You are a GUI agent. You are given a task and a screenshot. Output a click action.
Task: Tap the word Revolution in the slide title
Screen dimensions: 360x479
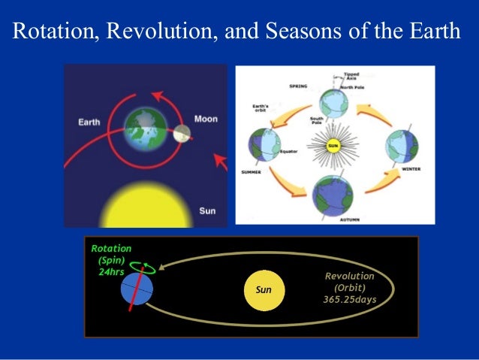click(152, 33)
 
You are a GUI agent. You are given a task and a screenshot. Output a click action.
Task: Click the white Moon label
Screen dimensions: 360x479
click(206, 119)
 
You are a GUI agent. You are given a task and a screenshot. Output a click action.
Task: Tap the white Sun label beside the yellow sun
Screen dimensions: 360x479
click(207, 210)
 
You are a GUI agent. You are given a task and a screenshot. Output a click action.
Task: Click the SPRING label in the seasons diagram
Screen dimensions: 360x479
click(298, 86)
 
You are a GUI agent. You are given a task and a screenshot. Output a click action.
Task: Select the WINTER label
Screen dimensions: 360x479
click(411, 169)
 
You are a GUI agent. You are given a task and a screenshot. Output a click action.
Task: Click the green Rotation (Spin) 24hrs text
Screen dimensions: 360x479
click(111, 260)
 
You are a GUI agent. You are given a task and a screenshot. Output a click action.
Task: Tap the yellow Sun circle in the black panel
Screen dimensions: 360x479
click(264, 289)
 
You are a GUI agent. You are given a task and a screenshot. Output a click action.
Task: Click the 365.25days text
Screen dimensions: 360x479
click(349, 299)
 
